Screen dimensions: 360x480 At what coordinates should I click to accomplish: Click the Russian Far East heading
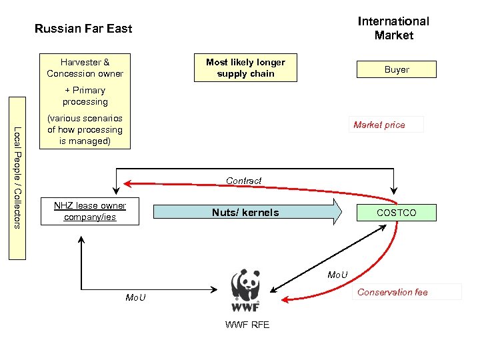pyautogui.click(x=83, y=29)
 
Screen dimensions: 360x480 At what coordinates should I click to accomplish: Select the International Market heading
pyautogui.click(x=393, y=28)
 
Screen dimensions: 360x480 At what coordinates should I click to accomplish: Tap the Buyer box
pyautogui.click(x=396, y=69)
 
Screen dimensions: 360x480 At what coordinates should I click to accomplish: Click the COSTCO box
pyautogui.click(x=396, y=213)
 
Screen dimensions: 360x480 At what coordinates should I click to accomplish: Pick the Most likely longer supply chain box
pyautogui.click(x=245, y=68)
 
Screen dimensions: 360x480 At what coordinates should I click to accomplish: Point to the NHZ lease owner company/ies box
pyautogui.click(x=90, y=211)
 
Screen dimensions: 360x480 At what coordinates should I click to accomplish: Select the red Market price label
pyautogui.click(x=379, y=125)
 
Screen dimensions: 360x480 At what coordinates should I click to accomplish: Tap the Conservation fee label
pyautogui.click(x=392, y=292)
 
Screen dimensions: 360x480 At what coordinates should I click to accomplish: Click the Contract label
pyautogui.click(x=243, y=181)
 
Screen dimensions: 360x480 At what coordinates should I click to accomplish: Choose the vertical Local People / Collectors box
pyautogui.click(x=17, y=178)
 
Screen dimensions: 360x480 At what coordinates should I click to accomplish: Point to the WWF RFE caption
pyautogui.click(x=247, y=325)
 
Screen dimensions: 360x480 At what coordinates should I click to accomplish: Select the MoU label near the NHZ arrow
pyautogui.click(x=136, y=297)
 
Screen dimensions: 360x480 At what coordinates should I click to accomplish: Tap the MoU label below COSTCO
pyautogui.click(x=337, y=275)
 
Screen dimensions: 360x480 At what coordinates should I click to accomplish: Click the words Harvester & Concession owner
pyautogui.click(x=85, y=68)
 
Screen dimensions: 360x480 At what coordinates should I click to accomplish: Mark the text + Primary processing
pyautogui.click(x=85, y=96)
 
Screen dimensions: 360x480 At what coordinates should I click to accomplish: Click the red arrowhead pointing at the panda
pyautogui.click(x=285, y=299)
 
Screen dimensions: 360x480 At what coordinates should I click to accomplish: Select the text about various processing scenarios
pyautogui.click(x=85, y=130)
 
